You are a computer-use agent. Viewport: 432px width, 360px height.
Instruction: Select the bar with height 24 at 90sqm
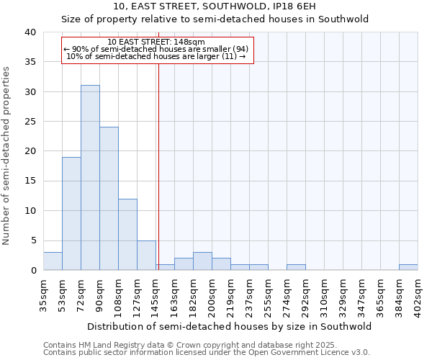pyautogui.click(x=109, y=199)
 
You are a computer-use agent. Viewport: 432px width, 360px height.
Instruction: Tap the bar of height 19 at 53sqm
pyautogui.click(x=71, y=214)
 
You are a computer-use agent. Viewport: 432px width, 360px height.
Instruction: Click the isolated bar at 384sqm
pyautogui.click(x=408, y=267)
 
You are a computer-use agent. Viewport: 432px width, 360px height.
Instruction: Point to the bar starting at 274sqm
pyautogui.click(x=296, y=267)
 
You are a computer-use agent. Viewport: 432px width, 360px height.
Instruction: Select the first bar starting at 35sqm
pyautogui.click(x=53, y=261)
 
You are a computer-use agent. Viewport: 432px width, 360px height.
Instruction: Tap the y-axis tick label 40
pyautogui.click(x=30, y=32)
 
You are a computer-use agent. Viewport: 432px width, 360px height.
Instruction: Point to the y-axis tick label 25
pyautogui.click(x=30, y=122)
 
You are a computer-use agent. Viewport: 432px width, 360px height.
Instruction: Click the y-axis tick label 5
pyautogui.click(x=32, y=240)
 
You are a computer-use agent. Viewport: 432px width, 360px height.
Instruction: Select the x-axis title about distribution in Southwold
pyautogui.click(x=230, y=326)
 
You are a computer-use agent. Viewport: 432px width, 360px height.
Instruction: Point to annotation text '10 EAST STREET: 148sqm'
pyautogui.click(x=156, y=42)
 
